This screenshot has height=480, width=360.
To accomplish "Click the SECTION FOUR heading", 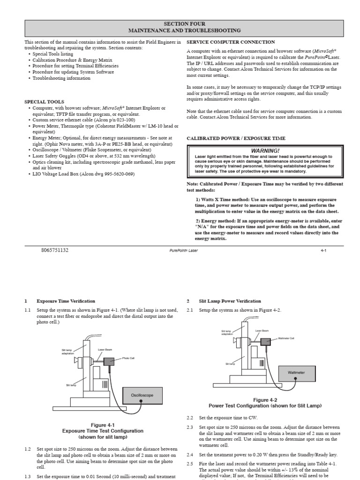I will [x=184, y=23].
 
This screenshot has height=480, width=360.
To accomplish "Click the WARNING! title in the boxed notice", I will [x=265, y=150].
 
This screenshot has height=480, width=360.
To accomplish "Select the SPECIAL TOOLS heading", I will [x=45, y=102].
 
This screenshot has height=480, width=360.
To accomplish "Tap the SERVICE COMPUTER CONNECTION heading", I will [x=231, y=42].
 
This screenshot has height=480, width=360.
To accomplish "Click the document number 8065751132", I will [x=55, y=250].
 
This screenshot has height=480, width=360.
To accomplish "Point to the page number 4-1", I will [x=323, y=251].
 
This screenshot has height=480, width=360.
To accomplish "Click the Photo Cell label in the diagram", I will [x=128, y=358].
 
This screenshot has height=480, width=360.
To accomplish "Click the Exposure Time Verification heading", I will [x=66, y=301].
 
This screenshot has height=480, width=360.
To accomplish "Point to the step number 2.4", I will [x=190, y=455].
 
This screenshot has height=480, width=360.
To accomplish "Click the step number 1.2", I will [x=28, y=449].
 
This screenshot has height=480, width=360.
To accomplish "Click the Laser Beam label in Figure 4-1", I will [x=104, y=350].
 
